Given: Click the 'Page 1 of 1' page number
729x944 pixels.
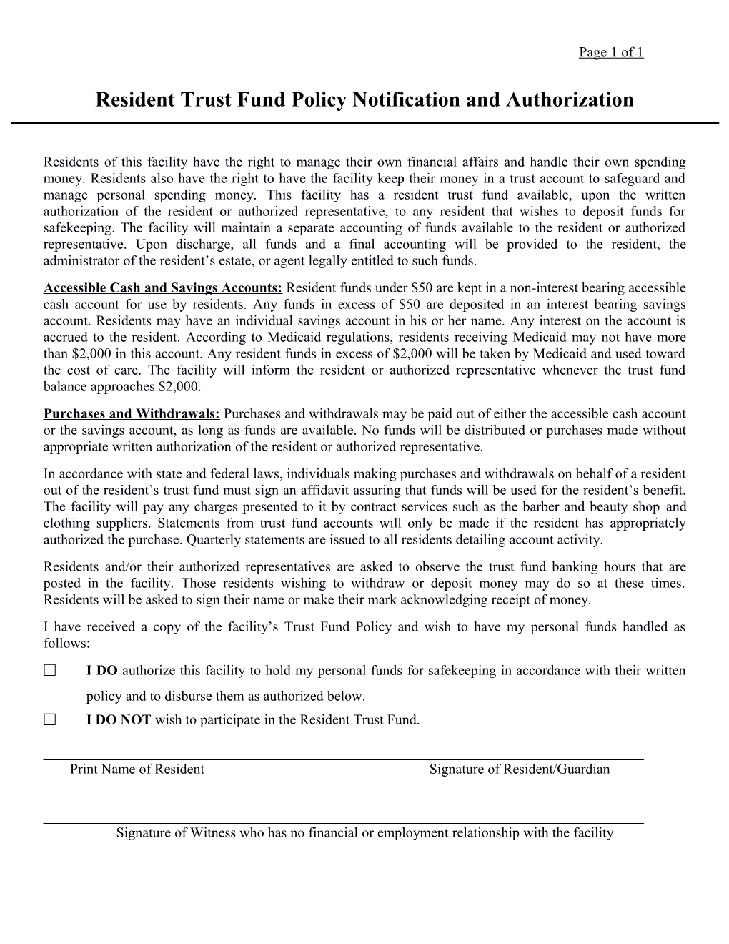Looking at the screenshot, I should pos(611,52).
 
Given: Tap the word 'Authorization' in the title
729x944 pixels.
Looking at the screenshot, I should pos(570,99).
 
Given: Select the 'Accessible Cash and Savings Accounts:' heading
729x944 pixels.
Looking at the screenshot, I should pos(164,288).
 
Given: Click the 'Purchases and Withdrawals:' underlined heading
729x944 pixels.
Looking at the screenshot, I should pos(132,414).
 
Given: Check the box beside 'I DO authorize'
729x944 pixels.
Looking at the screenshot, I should pos(49,671).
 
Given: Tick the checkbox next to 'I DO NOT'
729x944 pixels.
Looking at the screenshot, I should pos(49,719).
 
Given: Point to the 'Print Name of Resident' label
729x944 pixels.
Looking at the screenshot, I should pos(137,770).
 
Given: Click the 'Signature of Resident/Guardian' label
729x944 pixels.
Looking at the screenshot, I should pos(520,770).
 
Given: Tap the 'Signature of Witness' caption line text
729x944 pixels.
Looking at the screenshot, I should pos(364,832).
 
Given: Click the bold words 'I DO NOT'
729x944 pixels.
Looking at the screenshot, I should pos(119,719).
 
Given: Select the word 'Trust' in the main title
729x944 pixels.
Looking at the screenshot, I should pos(203,99).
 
